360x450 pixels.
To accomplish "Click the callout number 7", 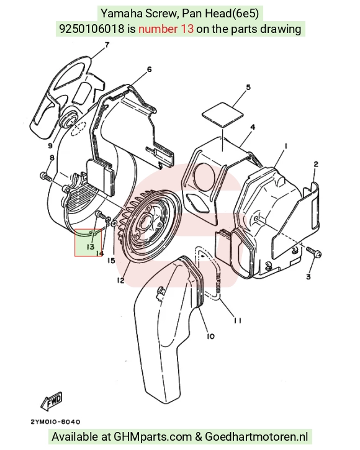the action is coord(107,45).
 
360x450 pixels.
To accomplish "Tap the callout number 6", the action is coord(149,70).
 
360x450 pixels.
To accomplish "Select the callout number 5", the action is coord(248,88).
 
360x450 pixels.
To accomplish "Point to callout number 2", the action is coord(316,164).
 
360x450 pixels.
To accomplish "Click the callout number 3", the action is coord(308,277).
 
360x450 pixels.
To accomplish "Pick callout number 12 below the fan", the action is coord(120,281).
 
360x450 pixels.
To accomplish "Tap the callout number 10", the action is coord(210,336).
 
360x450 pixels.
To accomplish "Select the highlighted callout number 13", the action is coord(91,246).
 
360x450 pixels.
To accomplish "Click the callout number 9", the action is coord(50,146).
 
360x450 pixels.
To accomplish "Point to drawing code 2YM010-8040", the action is coord(55,422).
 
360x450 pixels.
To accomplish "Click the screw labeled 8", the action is coord(46,176).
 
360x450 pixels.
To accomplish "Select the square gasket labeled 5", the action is coord(223,114).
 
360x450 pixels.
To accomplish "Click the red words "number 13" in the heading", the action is coord(166,29).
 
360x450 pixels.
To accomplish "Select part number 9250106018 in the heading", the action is coord(92,29).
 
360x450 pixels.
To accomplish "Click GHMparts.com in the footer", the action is coord(153,437).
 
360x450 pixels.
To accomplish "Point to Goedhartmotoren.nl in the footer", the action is coord(256,437).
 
